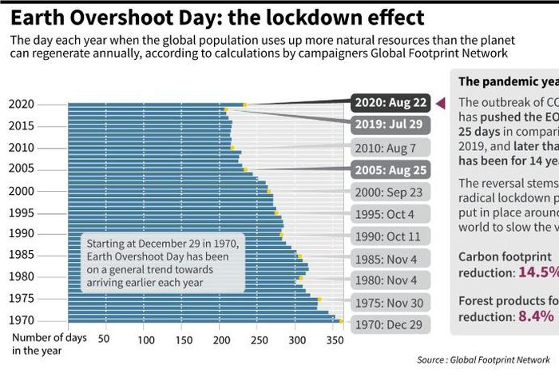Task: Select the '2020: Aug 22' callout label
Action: click(389, 103)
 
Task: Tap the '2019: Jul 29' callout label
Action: click(389, 125)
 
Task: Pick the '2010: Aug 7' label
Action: click(391, 148)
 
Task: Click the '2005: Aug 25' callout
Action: click(389, 169)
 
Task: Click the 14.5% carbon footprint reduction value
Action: click(538, 272)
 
